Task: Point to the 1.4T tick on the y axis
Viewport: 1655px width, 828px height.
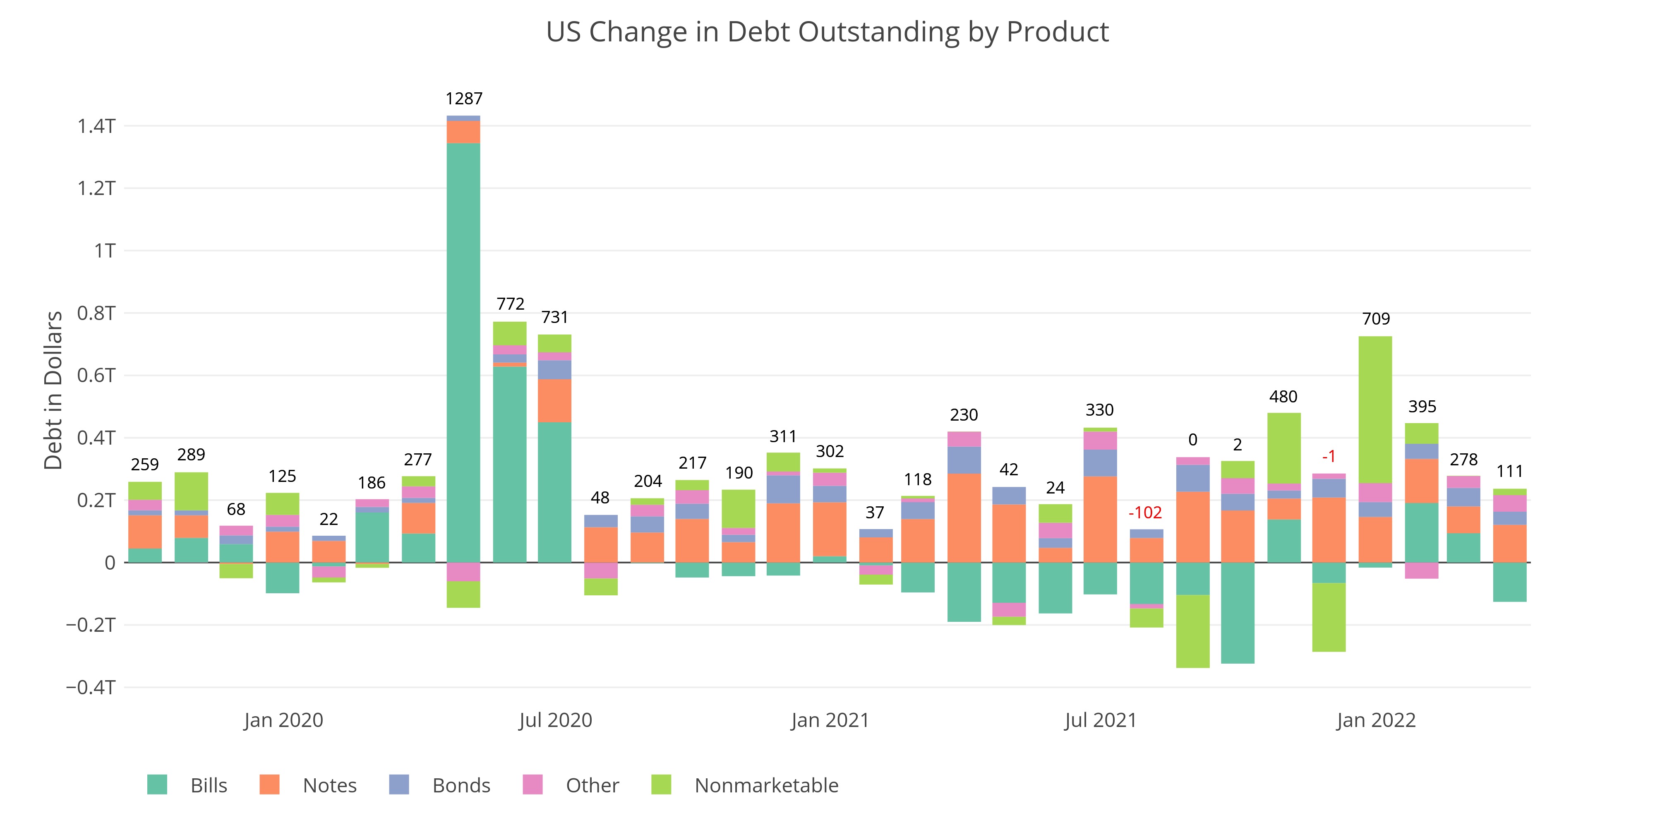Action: tap(96, 126)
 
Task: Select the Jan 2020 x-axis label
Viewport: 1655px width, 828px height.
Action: tap(283, 720)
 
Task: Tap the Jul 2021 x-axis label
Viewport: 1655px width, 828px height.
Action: tap(1101, 720)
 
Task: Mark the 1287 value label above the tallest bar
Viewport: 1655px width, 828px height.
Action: tap(463, 99)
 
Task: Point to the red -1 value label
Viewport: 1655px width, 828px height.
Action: tap(1329, 456)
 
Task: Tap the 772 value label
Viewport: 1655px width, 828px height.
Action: tap(510, 303)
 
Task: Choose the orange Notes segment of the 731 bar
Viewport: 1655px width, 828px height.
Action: tap(554, 400)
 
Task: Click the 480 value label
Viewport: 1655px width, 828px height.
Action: tap(1283, 397)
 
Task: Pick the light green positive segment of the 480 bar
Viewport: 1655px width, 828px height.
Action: tap(1283, 448)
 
